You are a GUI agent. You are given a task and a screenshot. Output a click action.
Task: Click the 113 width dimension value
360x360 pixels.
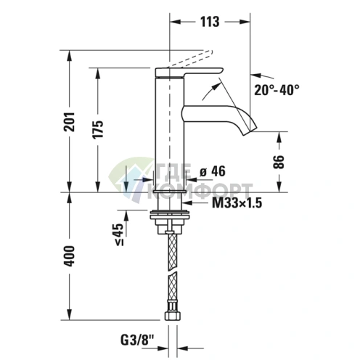210,22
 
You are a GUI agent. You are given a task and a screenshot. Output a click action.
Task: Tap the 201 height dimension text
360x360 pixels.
70,122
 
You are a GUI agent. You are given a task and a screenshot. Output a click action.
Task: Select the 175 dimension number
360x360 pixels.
98,129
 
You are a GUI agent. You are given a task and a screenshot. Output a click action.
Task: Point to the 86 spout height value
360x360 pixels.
279,162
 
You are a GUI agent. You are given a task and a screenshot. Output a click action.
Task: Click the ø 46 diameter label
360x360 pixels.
213,171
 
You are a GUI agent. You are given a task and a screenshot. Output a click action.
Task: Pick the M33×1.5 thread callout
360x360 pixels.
237,202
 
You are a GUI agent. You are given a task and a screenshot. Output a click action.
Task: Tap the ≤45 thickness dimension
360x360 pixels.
119,234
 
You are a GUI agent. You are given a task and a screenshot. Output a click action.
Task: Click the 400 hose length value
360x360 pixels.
70,256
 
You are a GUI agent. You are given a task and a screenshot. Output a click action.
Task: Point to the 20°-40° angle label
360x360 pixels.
277,90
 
